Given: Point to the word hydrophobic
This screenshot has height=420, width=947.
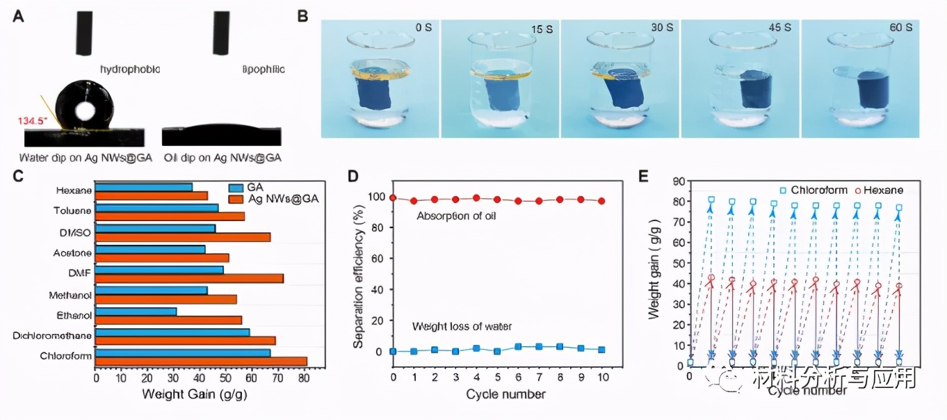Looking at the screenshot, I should (130, 70).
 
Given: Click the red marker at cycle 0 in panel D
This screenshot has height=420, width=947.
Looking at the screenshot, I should (394, 198).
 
